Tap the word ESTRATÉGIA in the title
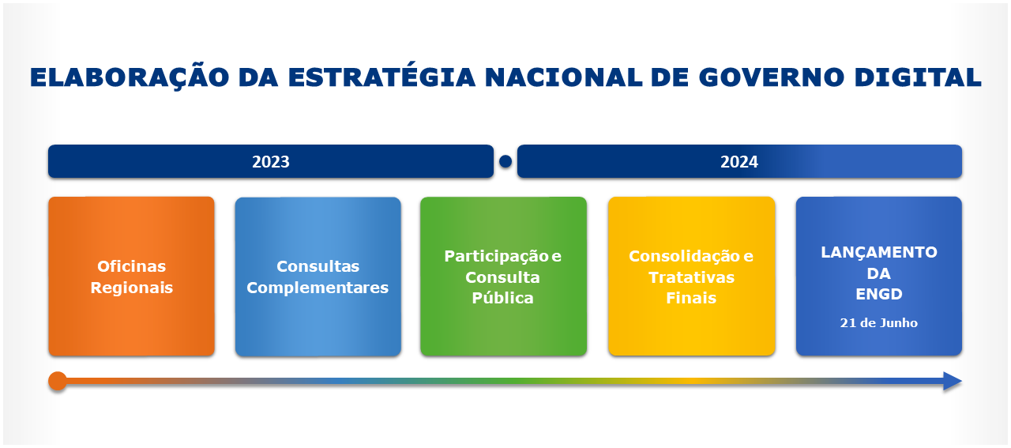tap(382, 77)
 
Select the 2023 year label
tap(271, 162)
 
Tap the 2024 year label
tap(739, 162)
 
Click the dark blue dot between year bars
tap(505, 162)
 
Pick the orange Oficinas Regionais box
tap(131, 277)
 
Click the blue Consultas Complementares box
tap(318, 277)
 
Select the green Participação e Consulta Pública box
tap(503, 277)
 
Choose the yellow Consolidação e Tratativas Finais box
tap(691, 277)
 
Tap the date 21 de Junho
tap(878, 323)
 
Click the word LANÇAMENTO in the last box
tap(878, 253)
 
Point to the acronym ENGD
tap(878, 295)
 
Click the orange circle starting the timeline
tap(58, 382)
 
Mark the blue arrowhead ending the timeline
tap(953, 382)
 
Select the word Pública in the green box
tap(502, 298)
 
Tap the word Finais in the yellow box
tap(691, 298)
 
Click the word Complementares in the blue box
tap(318, 288)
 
